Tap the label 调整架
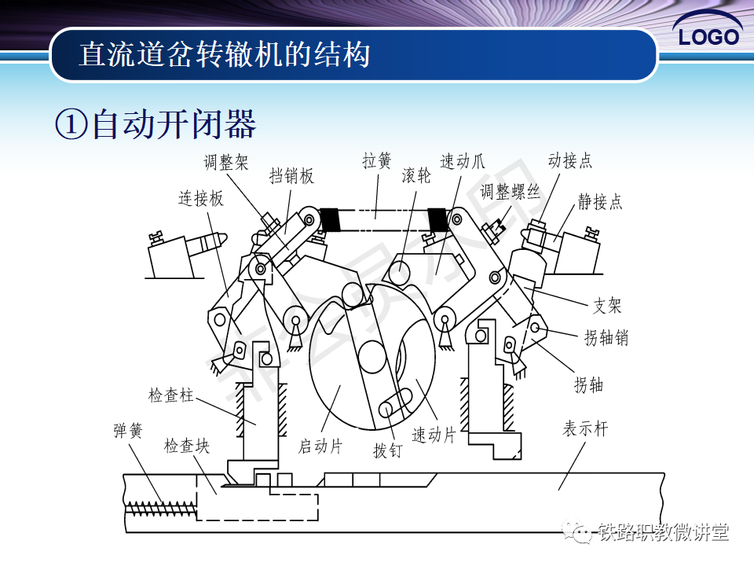[x=226, y=162]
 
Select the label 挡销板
[x=291, y=176]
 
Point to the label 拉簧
[x=377, y=161]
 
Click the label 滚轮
[x=416, y=176]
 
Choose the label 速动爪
[x=463, y=162]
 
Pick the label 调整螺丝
[x=511, y=193]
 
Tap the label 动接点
[x=570, y=161]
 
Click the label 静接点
[x=600, y=202]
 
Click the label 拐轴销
[x=606, y=339]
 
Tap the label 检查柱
[x=171, y=395]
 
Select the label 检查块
[x=187, y=447]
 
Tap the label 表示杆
[x=585, y=429]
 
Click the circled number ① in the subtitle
[x=71, y=126]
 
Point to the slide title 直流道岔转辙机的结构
[x=225, y=55]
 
